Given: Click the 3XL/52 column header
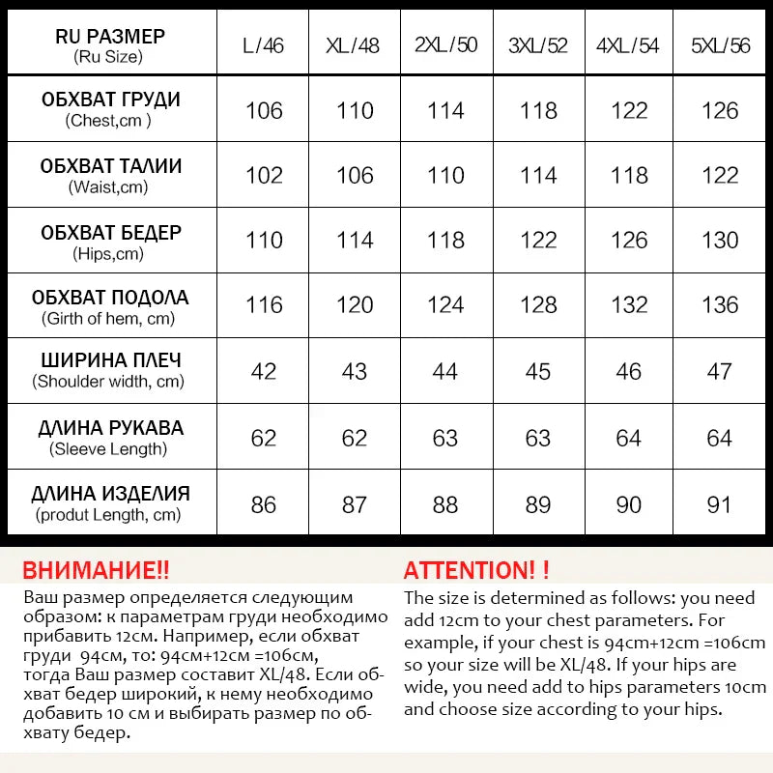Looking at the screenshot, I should pyautogui.click(x=538, y=45).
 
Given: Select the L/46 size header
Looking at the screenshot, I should pyautogui.click(x=263, y=45).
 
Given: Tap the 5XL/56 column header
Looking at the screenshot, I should pyautogui.click(x=720, y=45).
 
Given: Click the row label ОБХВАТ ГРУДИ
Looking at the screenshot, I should pyautogui.click(x=110, y=100).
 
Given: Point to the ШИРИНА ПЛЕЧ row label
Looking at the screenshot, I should pyautogui.click(x=110, y=360).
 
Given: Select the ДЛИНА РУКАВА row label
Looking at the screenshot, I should pyautogui.click(x=110, y=428).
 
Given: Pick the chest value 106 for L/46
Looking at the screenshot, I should pyautogui.click(x=264, y=110).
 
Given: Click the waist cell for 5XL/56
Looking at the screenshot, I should pyautogui.click(x=720, y=175).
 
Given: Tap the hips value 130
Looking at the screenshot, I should pyautogui.click(x=720, y=240).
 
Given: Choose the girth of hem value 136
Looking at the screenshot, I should pyautogui.click(x=720, y=305).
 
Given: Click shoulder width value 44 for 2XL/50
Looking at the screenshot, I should pyautogui.click(x=445, y=371).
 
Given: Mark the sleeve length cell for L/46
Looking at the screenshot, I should pyautogui.click(x=264, y=438).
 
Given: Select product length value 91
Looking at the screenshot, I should pyautogui.click(x=720, y=503).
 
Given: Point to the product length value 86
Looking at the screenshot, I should pyautogui.click(x=264, y=503).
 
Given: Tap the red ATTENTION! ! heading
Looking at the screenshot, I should pyautogui.click(x=476, y=570).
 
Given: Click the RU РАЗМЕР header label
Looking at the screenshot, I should pyautogui.click(x=110, y=37).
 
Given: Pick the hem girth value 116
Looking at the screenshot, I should pyautogui.click(x=264, y=305).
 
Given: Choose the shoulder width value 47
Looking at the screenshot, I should pyautogui.click(x=720, y=371).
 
